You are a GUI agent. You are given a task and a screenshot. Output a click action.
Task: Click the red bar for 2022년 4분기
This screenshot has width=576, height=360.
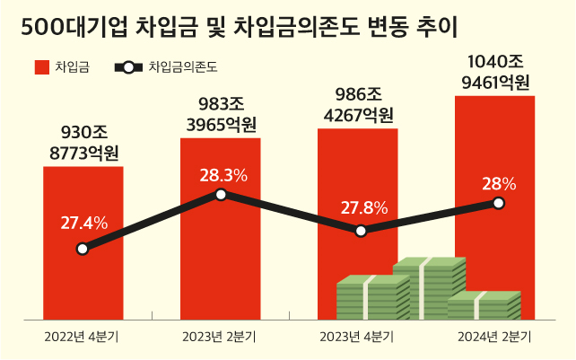pyautogui.click(x=83, y=269)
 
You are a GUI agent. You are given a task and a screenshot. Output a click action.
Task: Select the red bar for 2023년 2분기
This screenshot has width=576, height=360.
pyautogui.click(x=221, y=260)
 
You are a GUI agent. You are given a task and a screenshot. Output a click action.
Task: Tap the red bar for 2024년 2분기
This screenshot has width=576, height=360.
pyautogui.click(x=494, y=162)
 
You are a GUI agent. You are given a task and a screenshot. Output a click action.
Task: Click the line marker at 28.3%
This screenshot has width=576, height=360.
pyautogui.click(x=221, y=194)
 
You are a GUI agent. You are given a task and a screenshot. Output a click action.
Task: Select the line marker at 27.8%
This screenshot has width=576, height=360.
pyautogui.click(x=360, y=231)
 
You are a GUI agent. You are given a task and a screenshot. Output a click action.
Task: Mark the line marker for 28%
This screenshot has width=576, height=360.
pyautogui.click(x=499, y=203)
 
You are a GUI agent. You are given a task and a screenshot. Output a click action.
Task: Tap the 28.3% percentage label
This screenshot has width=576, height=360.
pyautogui.click(x=223, y=174)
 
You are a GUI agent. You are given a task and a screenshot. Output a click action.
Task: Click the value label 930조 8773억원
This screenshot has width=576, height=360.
pyautogui.click(x=83, y=142)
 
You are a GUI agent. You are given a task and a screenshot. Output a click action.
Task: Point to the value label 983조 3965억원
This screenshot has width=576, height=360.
pyautogui.click(x=221, y=114)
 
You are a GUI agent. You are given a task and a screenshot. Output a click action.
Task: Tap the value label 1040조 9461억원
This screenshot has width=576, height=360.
pyautogui.click(x=496, y=72)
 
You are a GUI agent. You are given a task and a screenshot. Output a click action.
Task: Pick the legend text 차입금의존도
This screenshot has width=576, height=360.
pyautogui.click(x=183, y=66)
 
